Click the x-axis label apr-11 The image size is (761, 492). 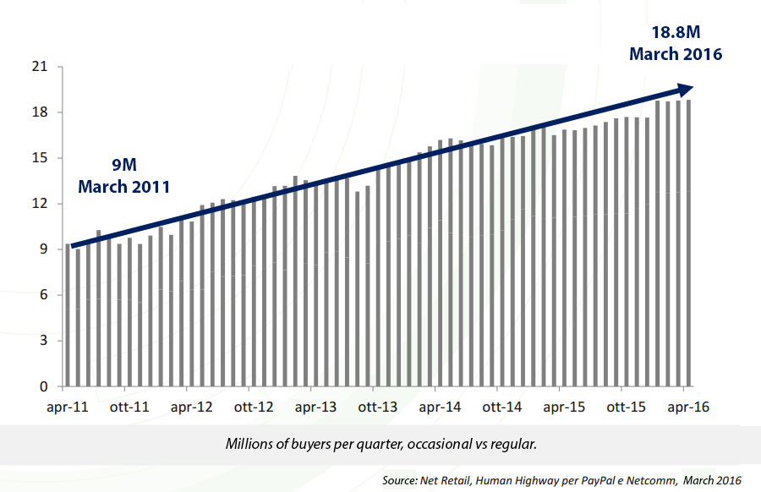[x=68, y=407]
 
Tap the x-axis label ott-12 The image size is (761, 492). [x=254, y=407]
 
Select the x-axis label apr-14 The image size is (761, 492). [x=440, y=407]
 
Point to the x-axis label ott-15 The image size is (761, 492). [x=625, y=407]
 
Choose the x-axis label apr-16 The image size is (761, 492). [x=687, y=407]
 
